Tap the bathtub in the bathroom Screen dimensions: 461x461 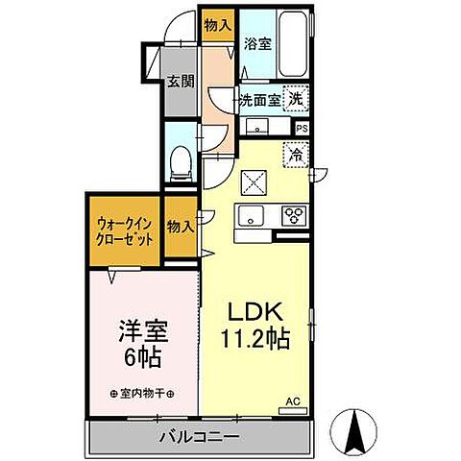pyautogui.click(x=293, y=46)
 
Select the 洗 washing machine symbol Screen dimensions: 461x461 pyautogui.click(x=300, y=97)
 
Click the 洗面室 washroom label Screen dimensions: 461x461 pyautogui.click(x=259, y=99)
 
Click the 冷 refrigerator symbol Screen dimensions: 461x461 pyautogui.click(x=295, y=152)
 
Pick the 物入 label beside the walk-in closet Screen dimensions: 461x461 pyautogui.click(x=180, y=227)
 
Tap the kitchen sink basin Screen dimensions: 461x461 pyautogui.click(x=252, y=216)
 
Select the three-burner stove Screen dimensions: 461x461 pyautogui.click(x=293, y=216)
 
